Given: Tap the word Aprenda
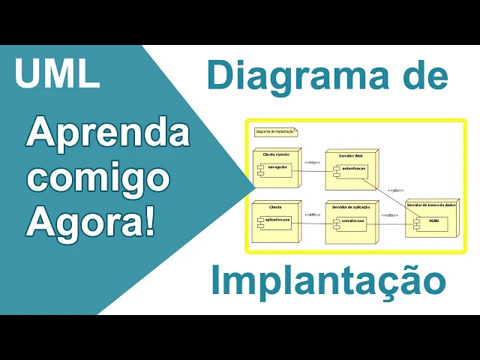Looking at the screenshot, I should pos(108,136).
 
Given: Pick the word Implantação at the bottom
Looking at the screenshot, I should pos(328,281).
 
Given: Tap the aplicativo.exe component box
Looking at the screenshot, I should pos(277,220).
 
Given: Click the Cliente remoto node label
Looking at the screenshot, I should pos(275,154).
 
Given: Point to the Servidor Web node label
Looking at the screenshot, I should pos(350,154).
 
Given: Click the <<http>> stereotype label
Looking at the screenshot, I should pos(312,163).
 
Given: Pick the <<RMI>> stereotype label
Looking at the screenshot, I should pos(312,215).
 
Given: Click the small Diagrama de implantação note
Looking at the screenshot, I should pos(274,131).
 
